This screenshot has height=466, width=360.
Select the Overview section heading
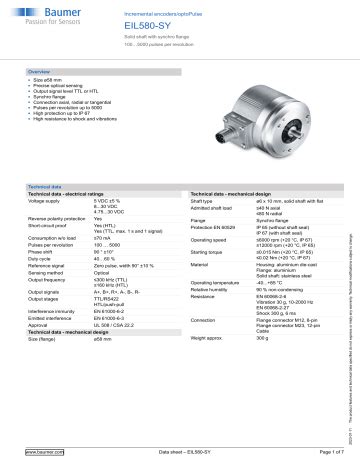pyautogui.click(x=39, y=72)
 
